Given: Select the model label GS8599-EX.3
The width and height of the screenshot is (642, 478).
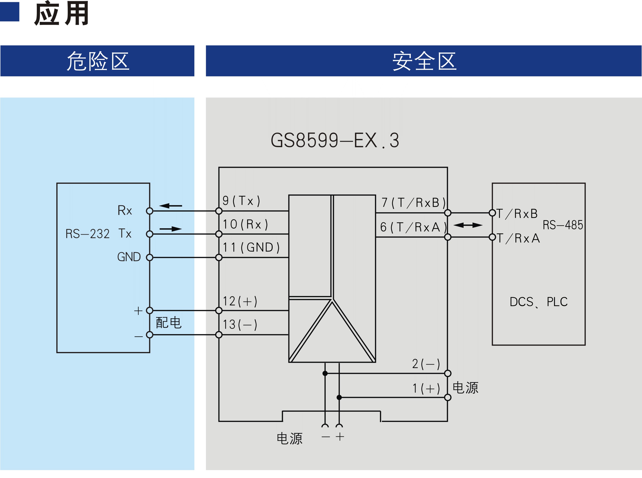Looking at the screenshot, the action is (x=335, y=140).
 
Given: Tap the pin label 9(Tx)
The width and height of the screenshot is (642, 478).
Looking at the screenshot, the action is (x=241, y=200).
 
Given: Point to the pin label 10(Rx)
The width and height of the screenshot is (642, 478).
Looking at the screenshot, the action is (x=245, y=224).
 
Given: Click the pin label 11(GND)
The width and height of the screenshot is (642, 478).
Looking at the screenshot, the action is (x=251, y=247).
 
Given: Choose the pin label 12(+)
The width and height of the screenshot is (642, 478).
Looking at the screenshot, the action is (x=240, y=301).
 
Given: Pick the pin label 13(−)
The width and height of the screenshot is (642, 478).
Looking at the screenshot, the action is (x=240, y=324).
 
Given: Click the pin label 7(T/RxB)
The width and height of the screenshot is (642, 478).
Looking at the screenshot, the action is (x=413, y=203).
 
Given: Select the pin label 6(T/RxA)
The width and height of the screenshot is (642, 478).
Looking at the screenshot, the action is (x=413, y=227).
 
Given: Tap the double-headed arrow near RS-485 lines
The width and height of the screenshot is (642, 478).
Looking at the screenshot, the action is (x=468, y=225).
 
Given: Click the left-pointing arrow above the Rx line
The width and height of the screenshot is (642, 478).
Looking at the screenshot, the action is (x=171, y=206).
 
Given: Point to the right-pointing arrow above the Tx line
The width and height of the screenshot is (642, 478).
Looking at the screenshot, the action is (x=171, y=229).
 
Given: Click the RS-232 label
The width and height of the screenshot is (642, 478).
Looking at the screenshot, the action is (x=88, y=234).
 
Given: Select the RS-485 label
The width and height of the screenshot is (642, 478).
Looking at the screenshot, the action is (x=562, y=225).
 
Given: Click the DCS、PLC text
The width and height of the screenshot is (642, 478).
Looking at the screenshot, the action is (x=538, y=302).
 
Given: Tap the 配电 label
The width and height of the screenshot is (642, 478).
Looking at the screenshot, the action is (x=169, y=323).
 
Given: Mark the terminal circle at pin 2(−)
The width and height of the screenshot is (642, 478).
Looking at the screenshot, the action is (x=447, y=373).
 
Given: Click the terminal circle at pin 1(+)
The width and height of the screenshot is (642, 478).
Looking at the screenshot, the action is (x=447, y=397).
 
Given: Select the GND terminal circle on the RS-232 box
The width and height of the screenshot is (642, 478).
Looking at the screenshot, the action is (x=149, y=257).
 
